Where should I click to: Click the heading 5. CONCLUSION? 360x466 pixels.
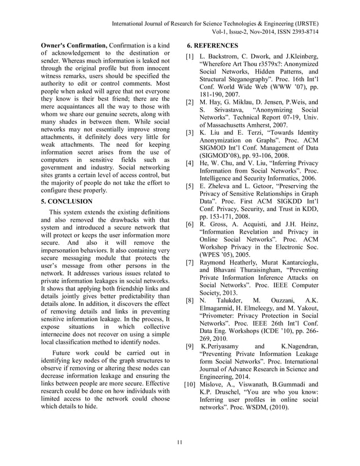pos(67,201)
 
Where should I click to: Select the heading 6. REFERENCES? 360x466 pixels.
pos(212,45)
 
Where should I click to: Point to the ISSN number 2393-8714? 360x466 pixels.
pos(301,33)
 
